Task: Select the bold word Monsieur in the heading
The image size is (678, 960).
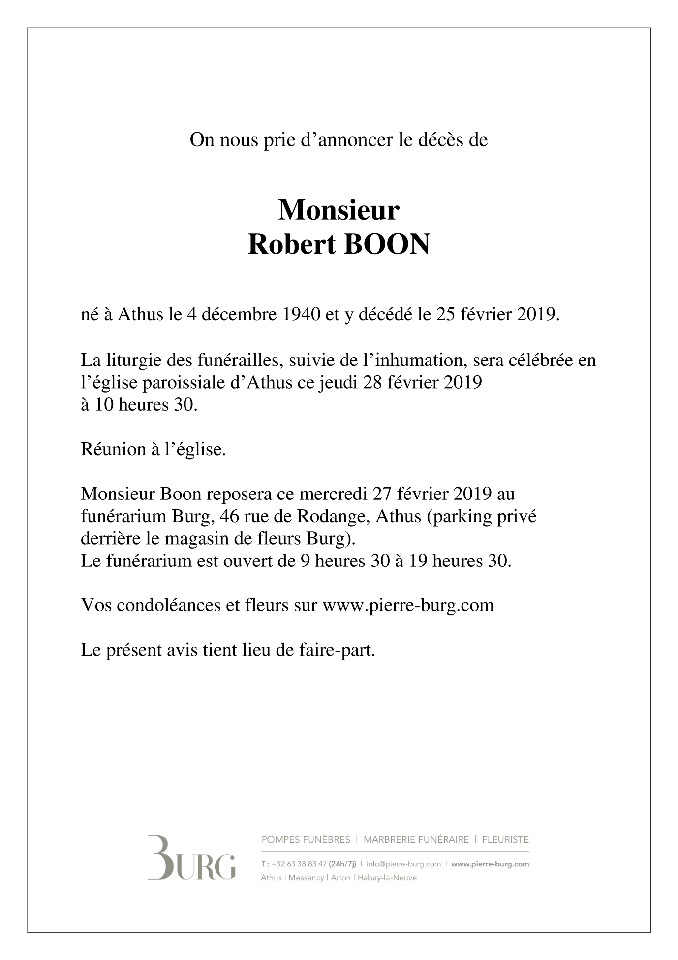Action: pyautogui.click(x=339, y=210)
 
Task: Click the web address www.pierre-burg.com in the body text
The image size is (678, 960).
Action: pyautogui.click(x=408, y=605)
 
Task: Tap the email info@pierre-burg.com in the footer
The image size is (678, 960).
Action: pyautogui.click(x=403, y=864)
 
